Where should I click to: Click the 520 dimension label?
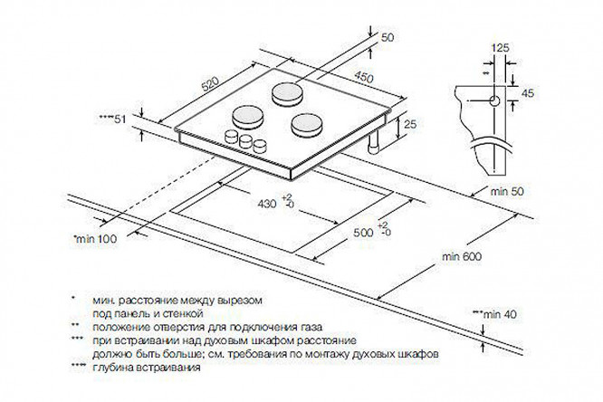(x=209, y=82)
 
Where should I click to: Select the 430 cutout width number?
(x=265, y=206)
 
